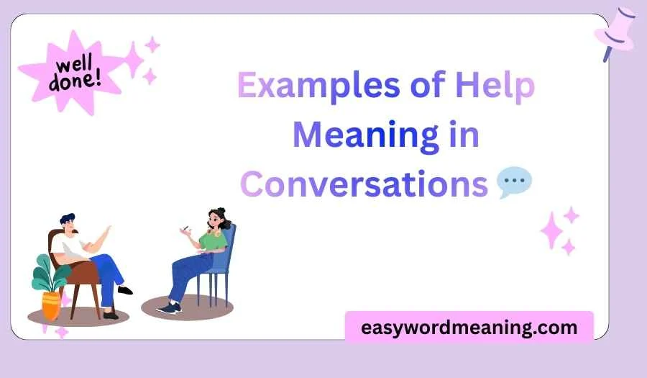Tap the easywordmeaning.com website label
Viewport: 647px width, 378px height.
469,328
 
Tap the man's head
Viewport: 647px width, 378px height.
70,225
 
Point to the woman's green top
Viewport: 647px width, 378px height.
214,242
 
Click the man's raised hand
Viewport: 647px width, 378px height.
108,232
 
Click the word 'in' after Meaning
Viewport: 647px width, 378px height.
464,135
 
